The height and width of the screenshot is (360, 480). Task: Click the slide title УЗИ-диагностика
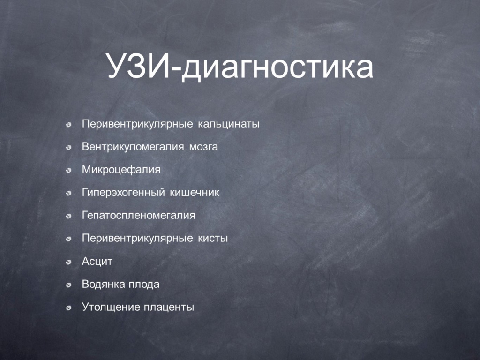tap(240, 67)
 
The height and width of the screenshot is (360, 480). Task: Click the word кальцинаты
tap(229, 124)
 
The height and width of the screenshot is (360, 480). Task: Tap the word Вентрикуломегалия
tap(133, 147)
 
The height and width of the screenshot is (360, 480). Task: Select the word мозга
tap(203, 147)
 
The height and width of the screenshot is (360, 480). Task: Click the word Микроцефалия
tap(121, 170)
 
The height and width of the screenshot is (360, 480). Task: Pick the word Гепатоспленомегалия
tap(139, 216)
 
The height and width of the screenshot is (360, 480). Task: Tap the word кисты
tap(213, 238)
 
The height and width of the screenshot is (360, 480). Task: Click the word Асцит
tap(97, 262)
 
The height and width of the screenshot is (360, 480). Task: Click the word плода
tap(144, 285)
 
